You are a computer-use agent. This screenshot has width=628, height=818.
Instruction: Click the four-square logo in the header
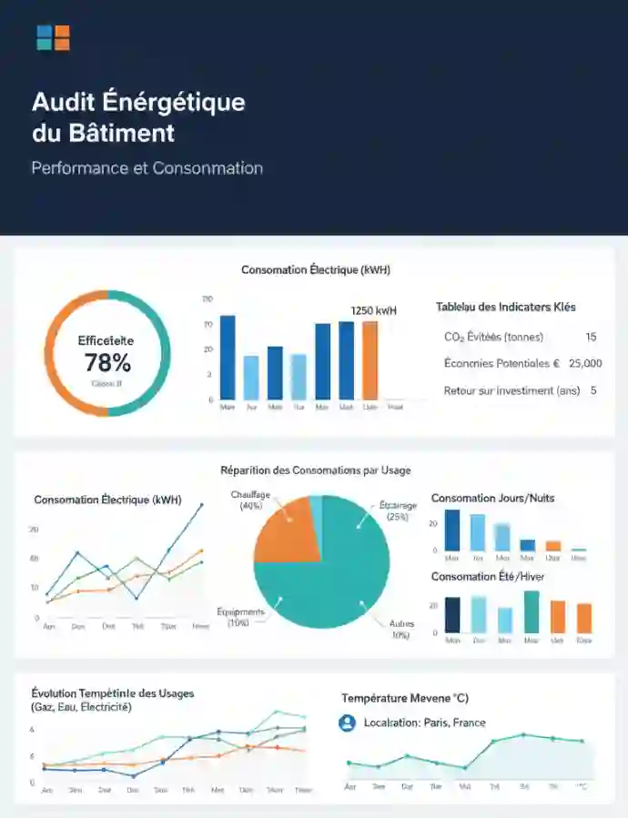coord(53,38)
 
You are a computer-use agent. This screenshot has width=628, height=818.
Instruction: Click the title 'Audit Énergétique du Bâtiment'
coord(138,116)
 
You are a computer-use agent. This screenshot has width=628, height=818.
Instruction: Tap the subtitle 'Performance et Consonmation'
coord(147,168)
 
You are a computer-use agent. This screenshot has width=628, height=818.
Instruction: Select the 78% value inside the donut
coord(107,363)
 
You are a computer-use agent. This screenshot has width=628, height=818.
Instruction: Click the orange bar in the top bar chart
coord(370,360)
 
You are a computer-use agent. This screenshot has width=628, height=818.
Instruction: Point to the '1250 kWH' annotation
coord(373,311)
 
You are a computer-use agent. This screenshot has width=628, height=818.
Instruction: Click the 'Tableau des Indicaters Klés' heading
coord(505,307)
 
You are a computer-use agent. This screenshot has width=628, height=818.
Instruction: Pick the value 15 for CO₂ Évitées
coord(591,338)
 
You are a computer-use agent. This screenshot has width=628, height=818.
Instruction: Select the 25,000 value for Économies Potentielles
coord(585,363)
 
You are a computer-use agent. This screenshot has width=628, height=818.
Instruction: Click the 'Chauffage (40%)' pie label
coord(251,500)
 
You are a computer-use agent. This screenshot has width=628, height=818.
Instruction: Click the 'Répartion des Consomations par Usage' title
coord(315,470)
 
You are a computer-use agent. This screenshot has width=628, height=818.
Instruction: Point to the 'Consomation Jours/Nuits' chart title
coord(492,498)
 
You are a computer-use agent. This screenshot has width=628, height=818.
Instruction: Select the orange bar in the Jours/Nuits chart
coord(552,546)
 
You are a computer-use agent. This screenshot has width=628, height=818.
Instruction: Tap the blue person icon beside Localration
coord(346,723)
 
